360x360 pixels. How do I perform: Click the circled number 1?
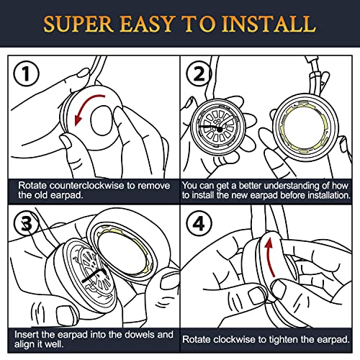pos(26,73)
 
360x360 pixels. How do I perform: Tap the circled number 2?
pos(199,73)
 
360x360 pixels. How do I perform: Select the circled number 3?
pos(27,224)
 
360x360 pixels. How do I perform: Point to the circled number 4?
pos(199,223)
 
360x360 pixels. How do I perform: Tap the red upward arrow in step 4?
pos(269,257)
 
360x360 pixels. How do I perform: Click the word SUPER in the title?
pos(78,24)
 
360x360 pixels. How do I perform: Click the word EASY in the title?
pos(147,24)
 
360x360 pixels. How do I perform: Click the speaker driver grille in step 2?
pos(218,127)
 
